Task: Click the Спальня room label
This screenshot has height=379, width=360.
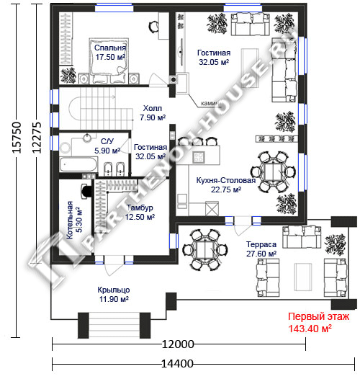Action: [x=110, y=48]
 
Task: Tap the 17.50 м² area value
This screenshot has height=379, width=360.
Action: [x=110, y=57]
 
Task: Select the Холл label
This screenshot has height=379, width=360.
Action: [x=152, y=108]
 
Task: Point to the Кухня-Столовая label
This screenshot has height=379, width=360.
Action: [x=225, y=180]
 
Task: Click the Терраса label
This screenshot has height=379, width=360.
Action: [x=261, y=244]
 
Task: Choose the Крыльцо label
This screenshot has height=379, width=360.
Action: [x=114, y=290]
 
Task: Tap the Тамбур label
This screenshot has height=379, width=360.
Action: [x=140, y=208]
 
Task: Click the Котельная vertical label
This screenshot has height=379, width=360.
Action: [x=70, y=220]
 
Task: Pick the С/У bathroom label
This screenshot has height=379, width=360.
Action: [x=107, y=141]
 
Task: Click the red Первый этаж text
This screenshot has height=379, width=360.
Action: [x=318, y=316]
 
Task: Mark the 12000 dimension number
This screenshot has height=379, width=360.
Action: [x=178, y=344]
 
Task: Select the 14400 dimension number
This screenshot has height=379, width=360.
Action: [x=177, y=364]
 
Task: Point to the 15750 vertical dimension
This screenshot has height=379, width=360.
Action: [x=17, y=138]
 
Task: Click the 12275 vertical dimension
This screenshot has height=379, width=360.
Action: [x=37, y=138]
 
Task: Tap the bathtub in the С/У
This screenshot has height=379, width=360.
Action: [x=78, y=164]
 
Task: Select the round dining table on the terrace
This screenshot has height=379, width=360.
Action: [x=205, y=250]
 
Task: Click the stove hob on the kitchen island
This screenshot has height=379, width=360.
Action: [x=199, y=157]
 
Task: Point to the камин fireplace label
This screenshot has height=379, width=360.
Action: [x=210, y=104]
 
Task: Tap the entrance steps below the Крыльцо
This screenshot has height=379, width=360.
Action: [x=114, y=325]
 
